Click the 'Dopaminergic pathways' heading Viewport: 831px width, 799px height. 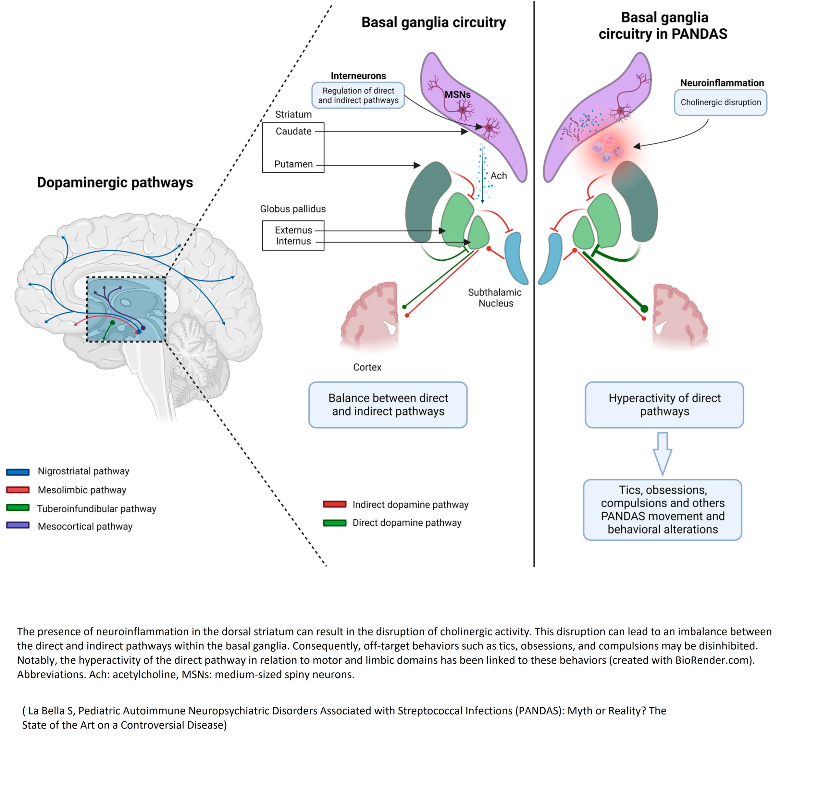115,182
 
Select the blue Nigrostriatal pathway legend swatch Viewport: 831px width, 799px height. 18,472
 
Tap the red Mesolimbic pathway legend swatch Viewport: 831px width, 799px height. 18,490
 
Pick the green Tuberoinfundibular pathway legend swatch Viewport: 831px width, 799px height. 18,508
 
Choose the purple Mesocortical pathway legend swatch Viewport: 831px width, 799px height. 18,525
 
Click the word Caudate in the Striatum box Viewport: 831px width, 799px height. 293,131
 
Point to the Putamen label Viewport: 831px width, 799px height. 293,164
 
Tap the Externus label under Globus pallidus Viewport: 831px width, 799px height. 293,230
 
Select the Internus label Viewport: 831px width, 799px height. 293,241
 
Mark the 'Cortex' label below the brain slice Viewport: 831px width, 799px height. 367,367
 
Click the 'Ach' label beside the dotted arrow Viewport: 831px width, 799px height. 499,176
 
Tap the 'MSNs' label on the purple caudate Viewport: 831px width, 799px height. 457,94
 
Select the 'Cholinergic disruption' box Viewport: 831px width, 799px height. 720,102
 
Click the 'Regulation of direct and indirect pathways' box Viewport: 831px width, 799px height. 358,95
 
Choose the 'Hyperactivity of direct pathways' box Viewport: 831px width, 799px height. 664,405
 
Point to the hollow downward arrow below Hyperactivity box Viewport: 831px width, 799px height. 662,453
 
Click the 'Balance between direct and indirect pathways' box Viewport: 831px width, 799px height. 388,405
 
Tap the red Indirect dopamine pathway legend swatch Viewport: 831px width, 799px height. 335,504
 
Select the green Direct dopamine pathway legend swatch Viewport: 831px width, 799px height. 335,522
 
